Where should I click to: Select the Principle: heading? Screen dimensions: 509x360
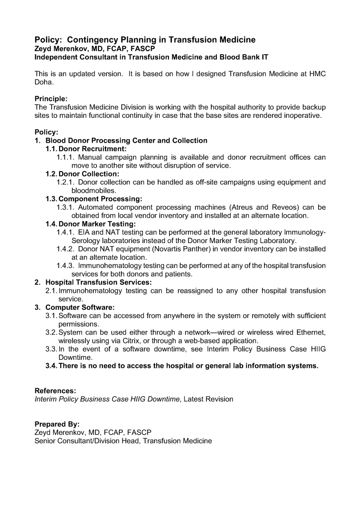51,99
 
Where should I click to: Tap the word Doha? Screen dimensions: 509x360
44,82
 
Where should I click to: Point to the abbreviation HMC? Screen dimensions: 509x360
316,74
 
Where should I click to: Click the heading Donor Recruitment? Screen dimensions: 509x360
92,149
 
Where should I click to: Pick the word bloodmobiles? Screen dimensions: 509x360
94,190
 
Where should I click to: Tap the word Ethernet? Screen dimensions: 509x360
310,333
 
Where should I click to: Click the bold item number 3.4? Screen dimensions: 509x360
51,366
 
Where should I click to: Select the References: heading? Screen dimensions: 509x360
55,391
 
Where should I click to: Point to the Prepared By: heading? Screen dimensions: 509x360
57,424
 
